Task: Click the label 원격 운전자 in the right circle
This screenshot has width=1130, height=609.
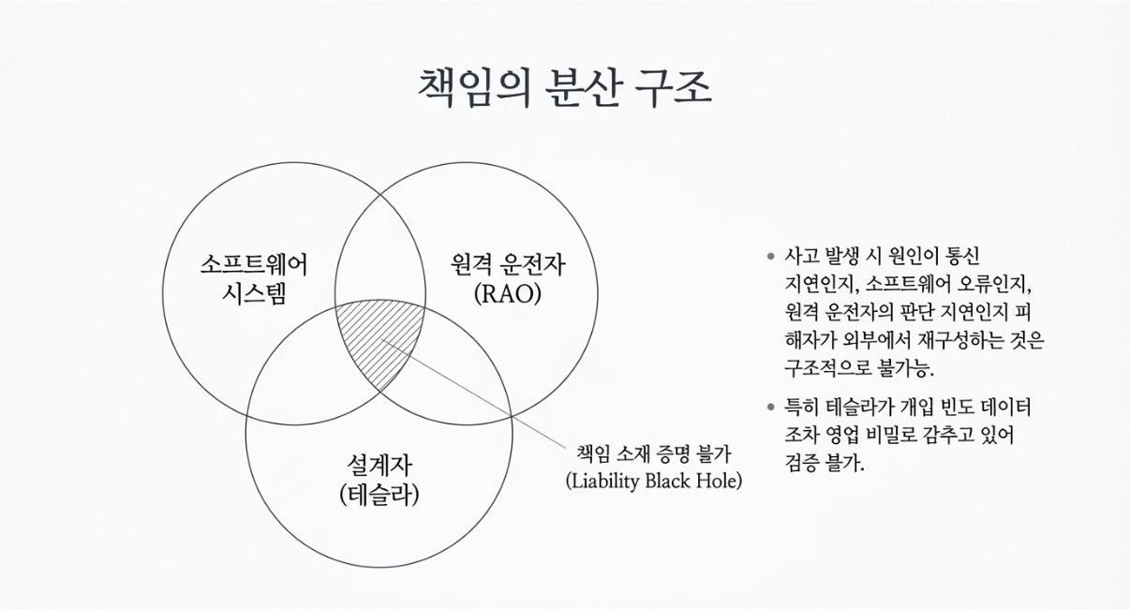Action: tap(508, 265)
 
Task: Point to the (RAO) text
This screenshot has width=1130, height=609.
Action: tap(508, 294)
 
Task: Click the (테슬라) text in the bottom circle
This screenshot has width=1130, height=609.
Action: tap(379, 493)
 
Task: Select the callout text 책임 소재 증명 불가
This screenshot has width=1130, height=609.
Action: tap(653, 453)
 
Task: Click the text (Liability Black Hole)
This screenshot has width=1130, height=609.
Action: tap(653, 481)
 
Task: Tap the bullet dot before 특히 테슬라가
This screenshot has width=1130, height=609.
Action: tap(770, 407)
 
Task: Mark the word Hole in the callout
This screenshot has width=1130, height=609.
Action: tap(719, 481)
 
